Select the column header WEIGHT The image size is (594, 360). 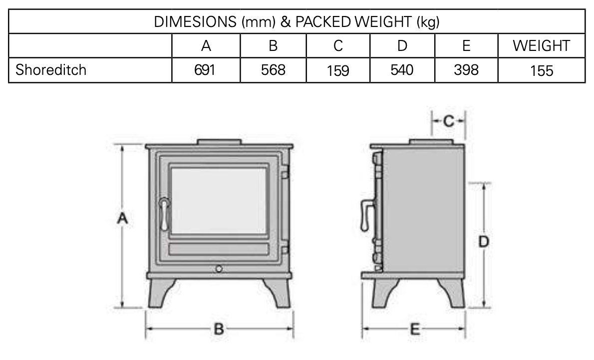(541, 46)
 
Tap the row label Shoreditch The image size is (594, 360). (51, 70)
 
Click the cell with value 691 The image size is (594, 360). (205, 70)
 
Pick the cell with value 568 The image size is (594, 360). (273, 70)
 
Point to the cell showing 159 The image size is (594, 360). (338, 70)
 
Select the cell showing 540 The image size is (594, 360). (402, 70)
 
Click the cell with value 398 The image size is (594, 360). (466, 70)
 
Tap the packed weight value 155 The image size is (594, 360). (542, 70)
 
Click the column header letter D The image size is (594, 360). (402, 46)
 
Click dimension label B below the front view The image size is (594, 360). (219, 329)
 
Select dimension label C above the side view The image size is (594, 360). (448, 121)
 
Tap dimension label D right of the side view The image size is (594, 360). (483, 242)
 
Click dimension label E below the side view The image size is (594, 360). (414, 329)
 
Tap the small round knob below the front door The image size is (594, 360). (219, 269)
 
